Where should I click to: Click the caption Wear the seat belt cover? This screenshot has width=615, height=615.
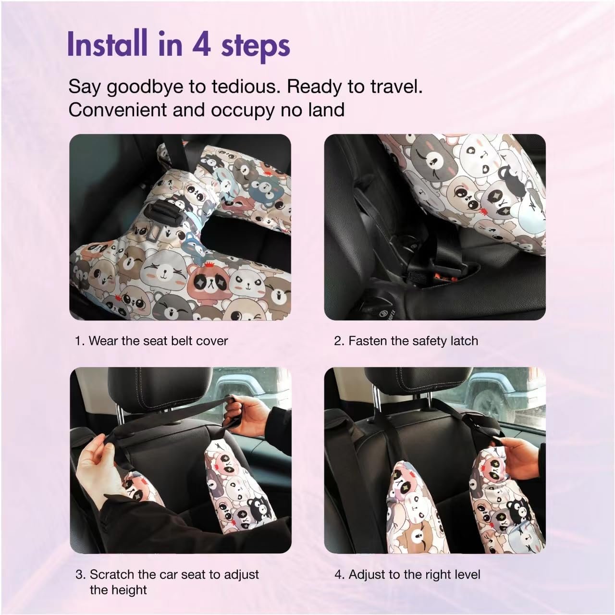tap(152, 341)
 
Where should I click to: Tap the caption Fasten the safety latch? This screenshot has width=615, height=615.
tap(406, 341)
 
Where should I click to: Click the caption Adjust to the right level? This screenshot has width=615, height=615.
tap(407, 575)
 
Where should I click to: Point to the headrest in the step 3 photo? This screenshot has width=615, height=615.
tap(160, 387)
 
